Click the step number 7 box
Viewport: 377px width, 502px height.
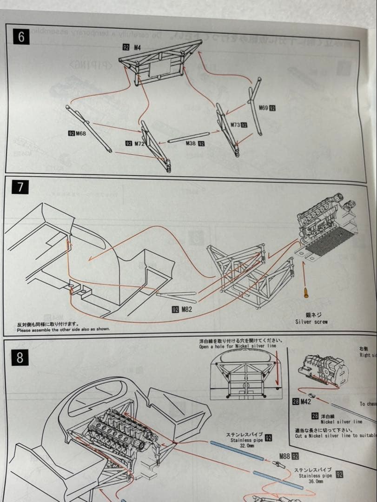tap(20, 187)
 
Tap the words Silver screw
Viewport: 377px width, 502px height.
tap(311, 322)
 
